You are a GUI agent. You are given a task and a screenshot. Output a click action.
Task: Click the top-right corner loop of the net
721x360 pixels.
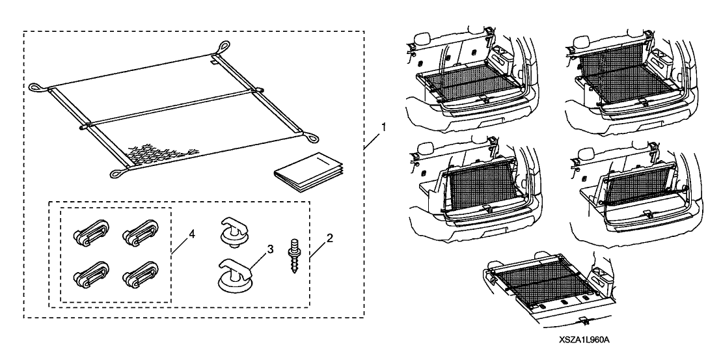click(x=223, y=46)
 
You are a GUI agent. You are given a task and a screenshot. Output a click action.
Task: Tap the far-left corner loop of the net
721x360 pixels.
click(x=34, y=86)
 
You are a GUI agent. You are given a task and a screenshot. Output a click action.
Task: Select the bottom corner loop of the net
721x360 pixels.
click(x=118, y=173)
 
